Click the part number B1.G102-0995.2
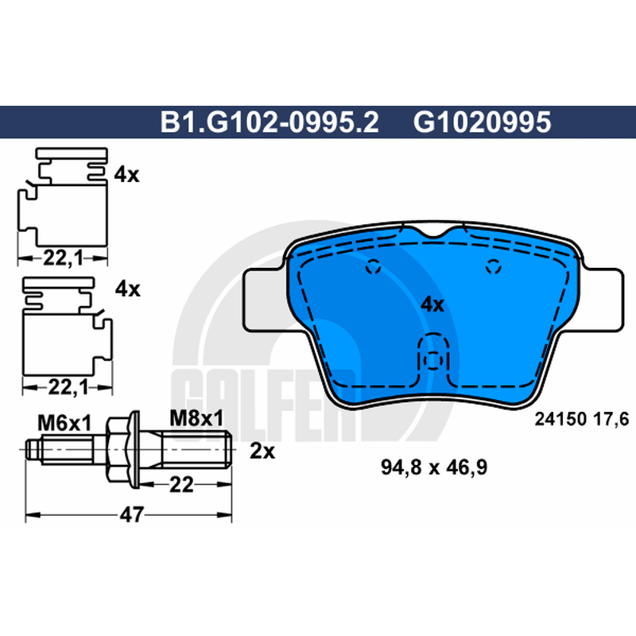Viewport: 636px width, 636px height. pyautogui.click(x=270, y=122)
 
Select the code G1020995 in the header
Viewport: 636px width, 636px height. pyautogui.click(x=483, y=122)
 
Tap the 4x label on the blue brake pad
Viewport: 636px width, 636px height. pyautogui.click(x=432, y=304)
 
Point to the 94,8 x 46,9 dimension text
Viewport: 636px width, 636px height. pyautogui.click(x=434, y=467)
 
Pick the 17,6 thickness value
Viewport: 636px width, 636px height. pyautogui.click(x=611, y=419)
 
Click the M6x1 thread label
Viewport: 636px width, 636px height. pyautogui.click(x=64, y=424)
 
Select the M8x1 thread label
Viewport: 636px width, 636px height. pyautogui.click(x=196, y=419)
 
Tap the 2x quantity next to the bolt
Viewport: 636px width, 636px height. pyautogui.click(x=262, y=451)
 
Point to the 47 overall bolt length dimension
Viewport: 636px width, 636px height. pyautogui.click(x=132, y=514)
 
